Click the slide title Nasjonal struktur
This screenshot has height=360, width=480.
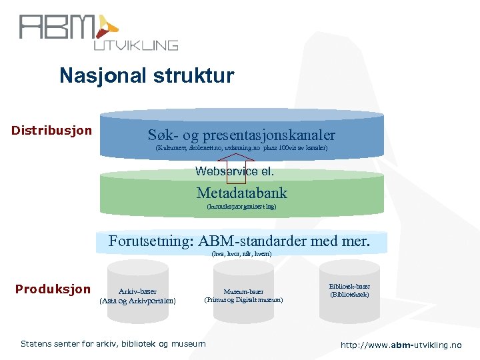(147, 75)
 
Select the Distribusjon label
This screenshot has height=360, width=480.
(51, 130)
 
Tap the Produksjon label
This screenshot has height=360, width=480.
(53, 289)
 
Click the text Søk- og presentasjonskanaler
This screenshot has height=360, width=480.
(241, 135)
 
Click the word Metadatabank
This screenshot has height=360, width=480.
(241, 193)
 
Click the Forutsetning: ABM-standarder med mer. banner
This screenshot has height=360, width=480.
(239, 241)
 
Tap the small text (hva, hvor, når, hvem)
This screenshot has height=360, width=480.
(241, 254)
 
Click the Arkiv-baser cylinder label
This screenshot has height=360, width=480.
(138, 291)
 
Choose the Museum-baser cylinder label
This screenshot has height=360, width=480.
(243, 291)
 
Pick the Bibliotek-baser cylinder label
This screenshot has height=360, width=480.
(350, 287)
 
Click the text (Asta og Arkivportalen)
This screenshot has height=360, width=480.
(138, 301)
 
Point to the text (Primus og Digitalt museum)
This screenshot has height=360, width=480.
(243, 300)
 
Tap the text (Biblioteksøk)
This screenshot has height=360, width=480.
(350, 295)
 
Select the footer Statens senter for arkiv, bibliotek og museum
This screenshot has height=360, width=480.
(113, 344)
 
